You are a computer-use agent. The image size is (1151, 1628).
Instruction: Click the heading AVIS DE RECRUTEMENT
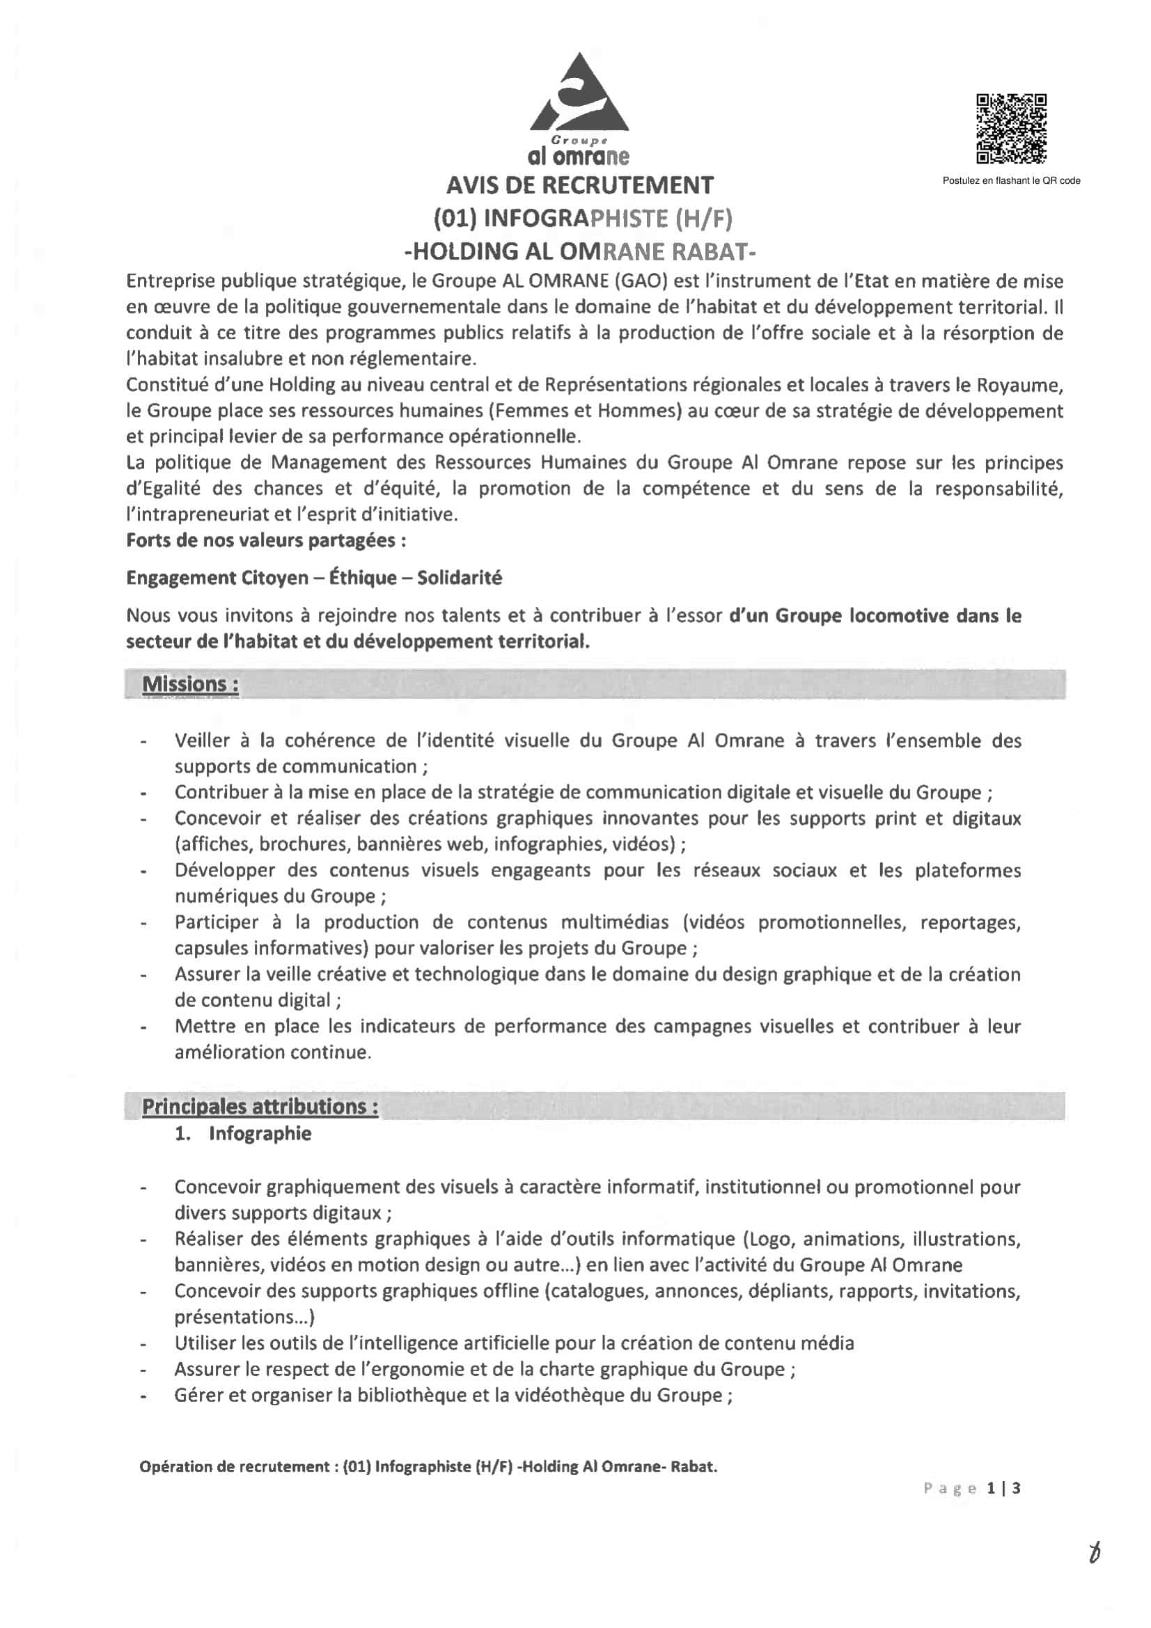click(579, 185)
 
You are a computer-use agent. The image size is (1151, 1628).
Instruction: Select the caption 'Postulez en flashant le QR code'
click(1010, 181)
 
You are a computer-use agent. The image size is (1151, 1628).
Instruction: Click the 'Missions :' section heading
click(190, 684)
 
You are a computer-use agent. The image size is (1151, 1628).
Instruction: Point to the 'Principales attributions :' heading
click(260, 1107)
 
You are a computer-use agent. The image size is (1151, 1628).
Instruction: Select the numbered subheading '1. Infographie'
click(243, 1133)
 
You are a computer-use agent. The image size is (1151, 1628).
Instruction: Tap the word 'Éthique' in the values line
click(363, 578)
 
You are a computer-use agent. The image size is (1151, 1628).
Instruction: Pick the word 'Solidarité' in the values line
click(460, 578)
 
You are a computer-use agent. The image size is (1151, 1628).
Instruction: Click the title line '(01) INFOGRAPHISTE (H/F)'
click(582, 219)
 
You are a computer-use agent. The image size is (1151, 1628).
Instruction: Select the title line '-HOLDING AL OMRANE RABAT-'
click(579, 251)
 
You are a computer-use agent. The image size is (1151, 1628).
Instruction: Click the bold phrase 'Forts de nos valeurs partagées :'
click(266, 540)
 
